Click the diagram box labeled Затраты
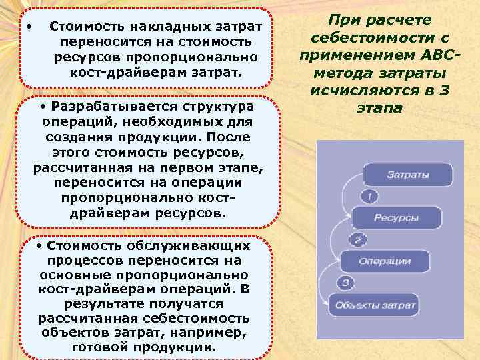408,175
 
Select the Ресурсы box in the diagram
396,217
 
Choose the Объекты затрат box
375,305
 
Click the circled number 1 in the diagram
370,197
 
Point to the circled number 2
358,240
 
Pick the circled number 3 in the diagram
346,283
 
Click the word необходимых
151,122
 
